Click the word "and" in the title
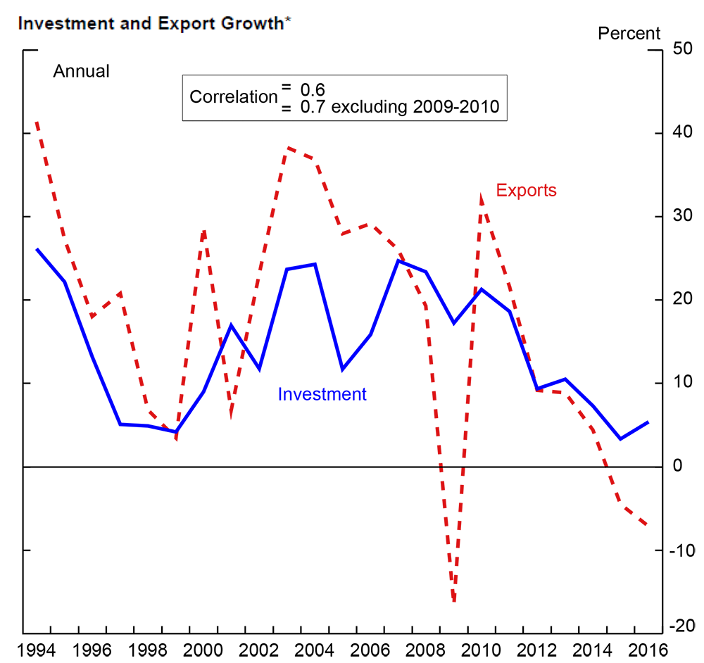coord(117,23)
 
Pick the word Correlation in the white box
coord(233,97)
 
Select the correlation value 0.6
coord(311,89)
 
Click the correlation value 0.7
coord(311,108)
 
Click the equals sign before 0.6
coord(286,87)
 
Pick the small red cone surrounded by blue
coord(234,401)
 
